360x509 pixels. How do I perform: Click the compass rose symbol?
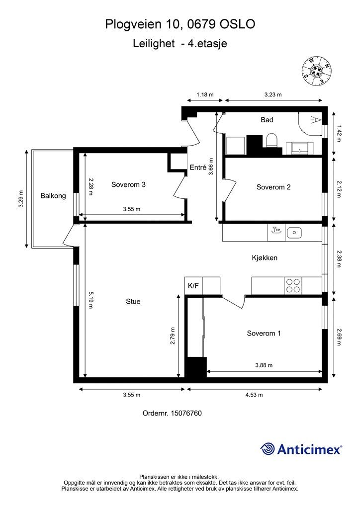[x=316, y=72]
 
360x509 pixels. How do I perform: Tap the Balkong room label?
[x=53, y=196]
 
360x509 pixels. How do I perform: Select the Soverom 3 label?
[x=128, y=184]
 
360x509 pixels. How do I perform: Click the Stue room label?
[x=133, y=301]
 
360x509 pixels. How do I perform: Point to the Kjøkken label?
[x=265, y=258]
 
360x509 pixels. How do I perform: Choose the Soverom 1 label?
[x=264, y=333]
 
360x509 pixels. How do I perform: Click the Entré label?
[x=198, y=167]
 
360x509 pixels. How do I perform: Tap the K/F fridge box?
[x=193, y=286]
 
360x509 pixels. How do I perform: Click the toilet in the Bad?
[x=271, y=141]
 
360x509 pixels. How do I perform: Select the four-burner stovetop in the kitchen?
[x=293, y=286]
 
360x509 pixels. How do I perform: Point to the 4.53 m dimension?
[x=254, y=395]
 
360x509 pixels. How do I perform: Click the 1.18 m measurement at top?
[x=205, y=95]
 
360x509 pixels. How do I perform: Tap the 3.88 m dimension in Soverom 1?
[x=264, y=365]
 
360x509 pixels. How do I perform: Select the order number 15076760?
[x=186, y=413]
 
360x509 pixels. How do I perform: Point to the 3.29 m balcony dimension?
[x=21, y=199]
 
